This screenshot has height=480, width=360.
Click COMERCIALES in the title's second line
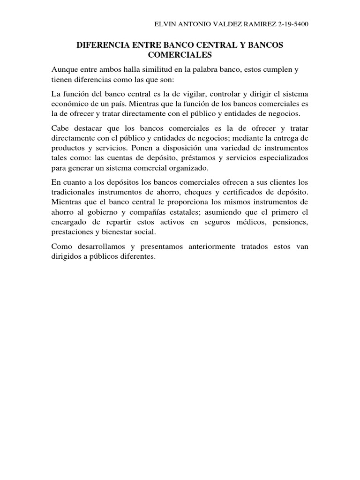[x=180, y=55]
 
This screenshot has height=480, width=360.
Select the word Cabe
[x=60, y=128]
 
